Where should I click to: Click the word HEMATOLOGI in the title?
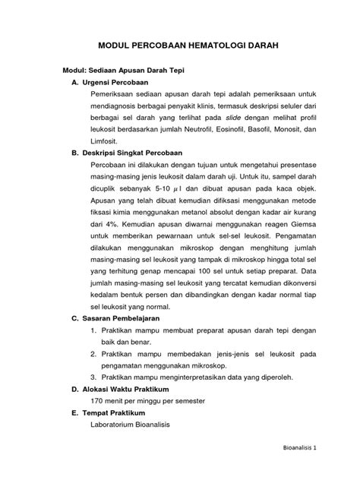pyautogui.click(x=200, y=46)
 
